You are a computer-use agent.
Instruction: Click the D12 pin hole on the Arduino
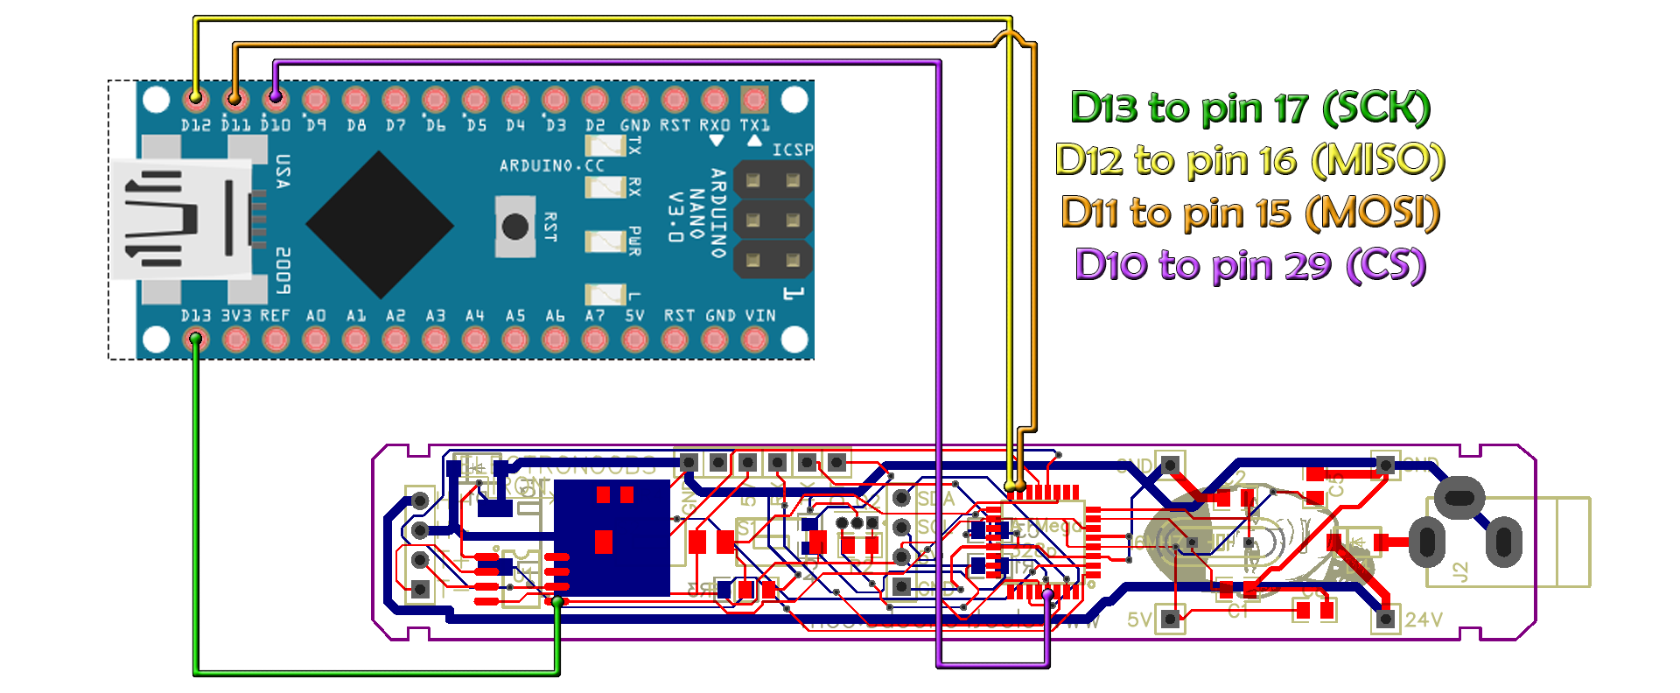(196, 97)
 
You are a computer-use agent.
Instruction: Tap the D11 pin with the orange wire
(235, 98)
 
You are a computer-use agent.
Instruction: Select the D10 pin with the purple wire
(276, 98)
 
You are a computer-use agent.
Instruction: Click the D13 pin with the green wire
(196, 339)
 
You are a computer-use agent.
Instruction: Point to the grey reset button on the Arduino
(515, 227)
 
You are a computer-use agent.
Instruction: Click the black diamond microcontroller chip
(380, 225)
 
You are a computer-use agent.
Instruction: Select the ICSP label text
(793, 150)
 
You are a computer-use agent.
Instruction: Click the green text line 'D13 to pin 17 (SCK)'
(1249, 108)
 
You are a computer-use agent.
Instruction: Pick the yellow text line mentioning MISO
(1249, 160)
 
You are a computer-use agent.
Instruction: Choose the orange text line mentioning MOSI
(1249, 213)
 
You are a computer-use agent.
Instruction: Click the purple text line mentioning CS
(1249, 265)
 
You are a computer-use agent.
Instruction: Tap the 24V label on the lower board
(1423, 619)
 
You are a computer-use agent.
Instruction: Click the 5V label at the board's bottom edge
(1139, 619)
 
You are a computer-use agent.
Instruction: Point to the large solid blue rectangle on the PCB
(612, 538)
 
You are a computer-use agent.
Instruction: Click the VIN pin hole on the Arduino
(754, 339)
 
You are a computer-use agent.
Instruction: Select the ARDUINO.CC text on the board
(551, 165)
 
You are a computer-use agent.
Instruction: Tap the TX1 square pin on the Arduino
(754, 98)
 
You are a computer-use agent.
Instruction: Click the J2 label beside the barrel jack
(1459, 571)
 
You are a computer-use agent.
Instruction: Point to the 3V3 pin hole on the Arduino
(235, 339)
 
